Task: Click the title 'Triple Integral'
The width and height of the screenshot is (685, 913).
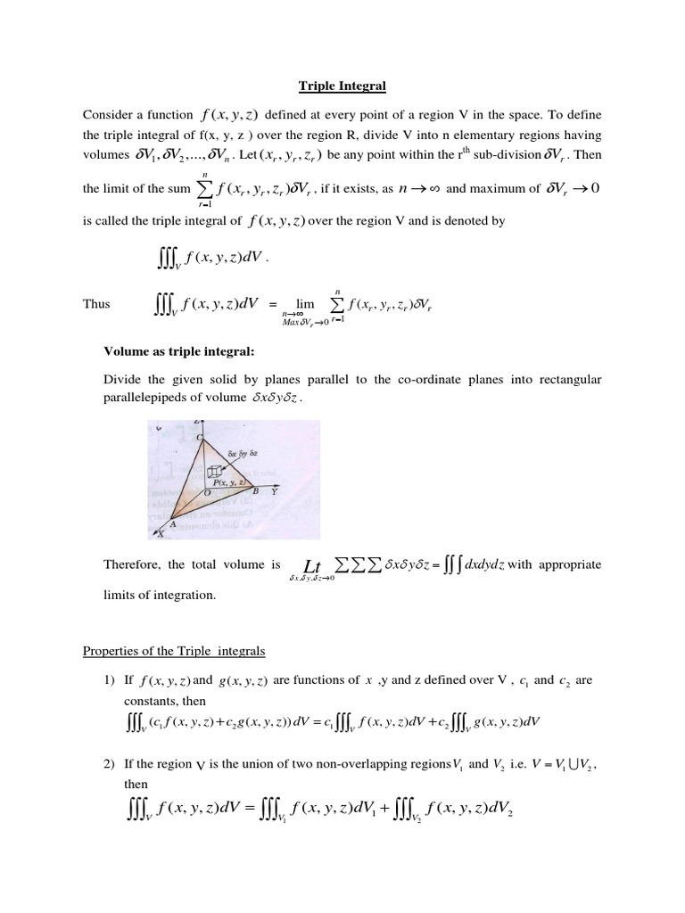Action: coord(342,86)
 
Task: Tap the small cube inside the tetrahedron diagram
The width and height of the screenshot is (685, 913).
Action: coord(213,472)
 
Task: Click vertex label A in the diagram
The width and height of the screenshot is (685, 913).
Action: coord(172,524)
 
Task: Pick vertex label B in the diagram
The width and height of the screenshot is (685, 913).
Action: coord(253,491)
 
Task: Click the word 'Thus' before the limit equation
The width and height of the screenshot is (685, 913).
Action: coord(96,304)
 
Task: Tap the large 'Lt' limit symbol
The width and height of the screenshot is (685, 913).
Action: coord(311,567)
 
